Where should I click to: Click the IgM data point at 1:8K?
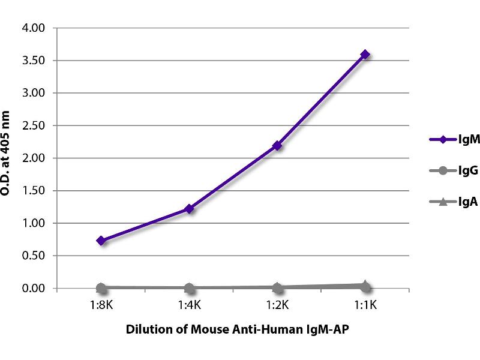pyautogui.click(x=101, y=241)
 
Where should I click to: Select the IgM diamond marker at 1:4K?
pyautogui.click(x=189, y=209)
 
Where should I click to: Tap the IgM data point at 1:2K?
pyautogui.click(x=277, y=145)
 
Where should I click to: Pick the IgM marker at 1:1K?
pyautogui.click(x=365, y=55)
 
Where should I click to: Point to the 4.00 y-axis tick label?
pyautogui.click(x=33, y=28)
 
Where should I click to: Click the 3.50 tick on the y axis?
pyautogui.click(x=33, y=61)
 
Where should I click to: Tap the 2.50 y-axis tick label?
pyautogui.click(x=33, y=126)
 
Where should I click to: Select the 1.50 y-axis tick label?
pyautogui.click(x=33, y=191)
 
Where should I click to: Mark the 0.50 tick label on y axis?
pyautogui.click(x=33, y=256)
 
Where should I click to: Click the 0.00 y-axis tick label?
pyautogui.click(x=33, y=289)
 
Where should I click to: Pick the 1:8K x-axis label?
pyautogui.click(x=101, y=305)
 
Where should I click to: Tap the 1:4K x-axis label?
pyautogui.click(x=189, y=305)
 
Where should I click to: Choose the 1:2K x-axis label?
pyautogui.click(x=277, y=305)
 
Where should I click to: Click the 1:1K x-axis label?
pyautogui.click(x=365, y=305)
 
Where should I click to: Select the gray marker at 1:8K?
pyautogui.click(x=101, y=288)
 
